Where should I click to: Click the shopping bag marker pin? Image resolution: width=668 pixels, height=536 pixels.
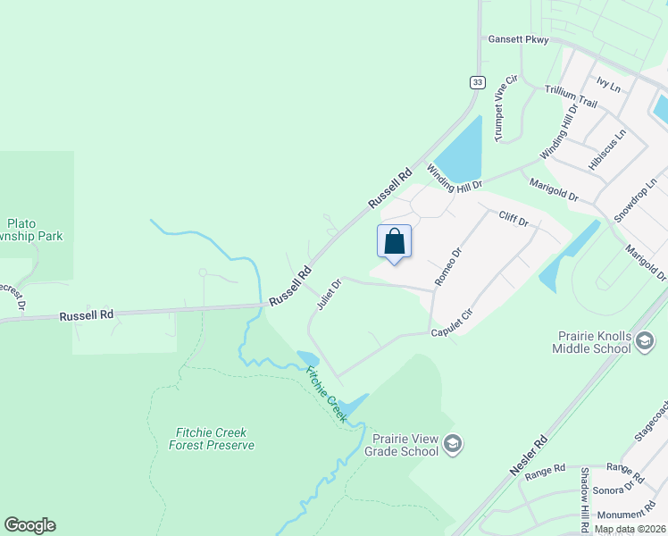(x=395, y=242)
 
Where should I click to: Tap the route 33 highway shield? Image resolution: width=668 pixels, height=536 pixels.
(x=478, y=82)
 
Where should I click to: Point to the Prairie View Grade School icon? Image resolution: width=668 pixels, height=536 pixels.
(x=453, y=444)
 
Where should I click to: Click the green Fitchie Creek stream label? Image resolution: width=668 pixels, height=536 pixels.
(x=325, y=393)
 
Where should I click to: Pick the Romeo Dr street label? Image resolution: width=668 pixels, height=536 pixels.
(x=447, y=266)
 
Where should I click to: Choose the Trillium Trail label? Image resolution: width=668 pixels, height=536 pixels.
(x=571, y=96)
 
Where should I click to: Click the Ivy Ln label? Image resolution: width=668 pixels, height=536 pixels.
(x=608, y=86)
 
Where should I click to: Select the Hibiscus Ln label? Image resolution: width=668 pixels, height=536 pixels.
(x=607, y=149)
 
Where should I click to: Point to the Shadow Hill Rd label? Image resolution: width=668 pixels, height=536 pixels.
(x=585, y=490)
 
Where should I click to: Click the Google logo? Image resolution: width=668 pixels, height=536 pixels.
(x=29, y=525)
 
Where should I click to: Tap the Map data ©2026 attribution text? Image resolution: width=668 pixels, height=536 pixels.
(x=630, y=529)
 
